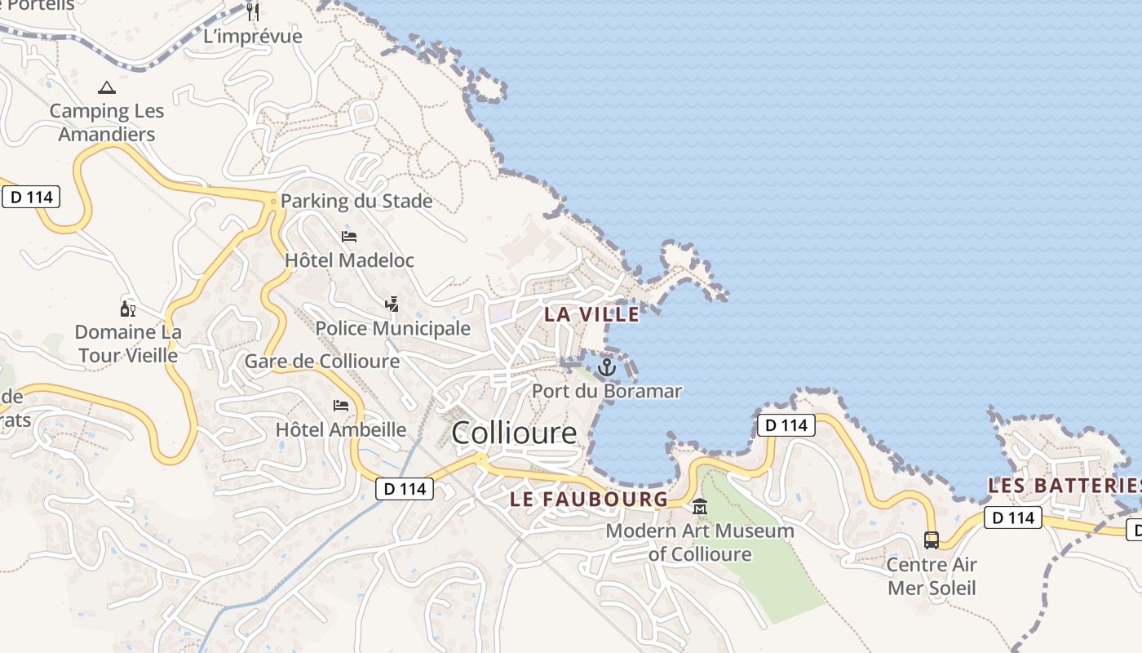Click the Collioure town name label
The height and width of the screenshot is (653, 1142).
coord(514,433)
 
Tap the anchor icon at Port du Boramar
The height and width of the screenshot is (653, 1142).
coord(606,367)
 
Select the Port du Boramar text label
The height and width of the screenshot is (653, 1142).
coord(606,391)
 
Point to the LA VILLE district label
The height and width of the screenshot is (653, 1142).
coord(591,314)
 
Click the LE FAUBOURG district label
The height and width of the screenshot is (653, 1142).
coord(589,499)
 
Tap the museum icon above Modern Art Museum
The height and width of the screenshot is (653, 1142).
coord(699,507)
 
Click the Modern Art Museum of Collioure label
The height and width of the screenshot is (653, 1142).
coord(700,542)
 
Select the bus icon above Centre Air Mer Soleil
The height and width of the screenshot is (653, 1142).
coord(931,540)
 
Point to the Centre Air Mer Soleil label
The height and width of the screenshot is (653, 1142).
coord(931,575)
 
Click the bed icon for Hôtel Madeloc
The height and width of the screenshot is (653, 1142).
coord(349,237)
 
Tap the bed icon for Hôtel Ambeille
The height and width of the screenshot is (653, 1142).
coord(341,406)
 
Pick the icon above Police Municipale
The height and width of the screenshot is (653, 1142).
coord(392,304)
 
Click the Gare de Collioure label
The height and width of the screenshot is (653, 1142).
coord(322,361)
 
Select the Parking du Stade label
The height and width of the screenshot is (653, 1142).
coord(356,201)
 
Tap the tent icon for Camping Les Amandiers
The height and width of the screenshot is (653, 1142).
coord(106,87)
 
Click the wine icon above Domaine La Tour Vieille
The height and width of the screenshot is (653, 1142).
coord(127,309)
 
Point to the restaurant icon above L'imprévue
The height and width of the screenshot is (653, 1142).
coord(253,11)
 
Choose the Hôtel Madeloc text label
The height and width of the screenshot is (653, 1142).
coord(349,260)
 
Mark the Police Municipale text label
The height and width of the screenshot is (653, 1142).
coord(392,328)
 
